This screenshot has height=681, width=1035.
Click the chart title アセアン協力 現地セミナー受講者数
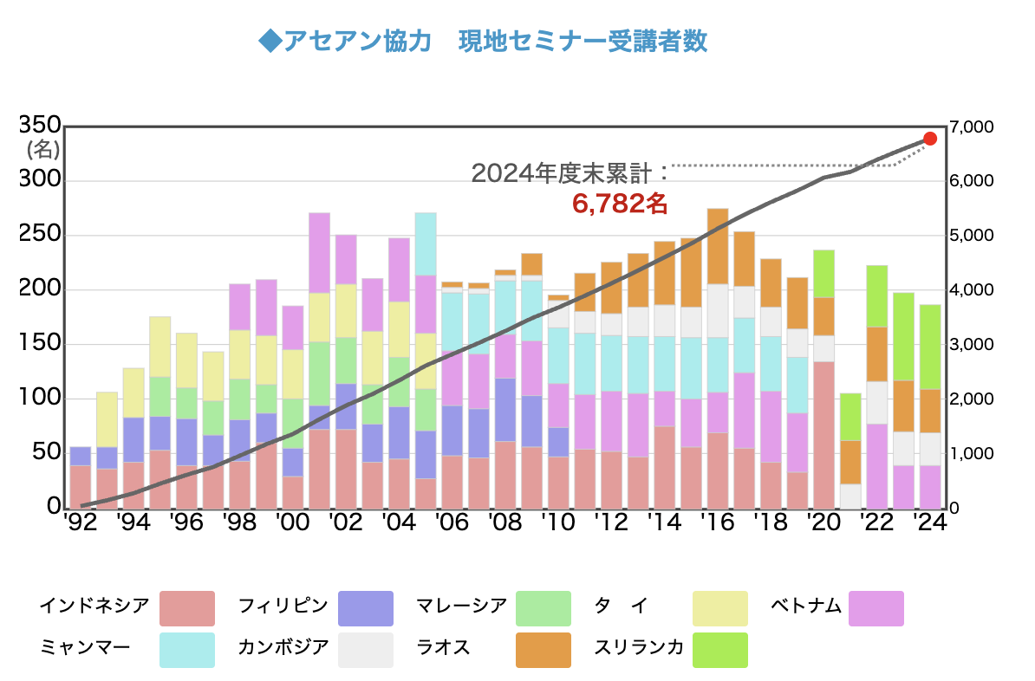coord(483,42)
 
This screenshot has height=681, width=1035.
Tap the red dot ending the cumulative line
coord(929,139)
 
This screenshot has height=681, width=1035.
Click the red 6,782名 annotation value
coord(619,204)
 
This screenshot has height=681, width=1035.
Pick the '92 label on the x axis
coord(79,522)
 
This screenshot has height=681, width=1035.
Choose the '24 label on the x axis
coord(929,522)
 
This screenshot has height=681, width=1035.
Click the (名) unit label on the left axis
coord(42,149)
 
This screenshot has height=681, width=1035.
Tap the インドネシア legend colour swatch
coord(187,608)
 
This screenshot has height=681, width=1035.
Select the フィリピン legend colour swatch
coord(365,608)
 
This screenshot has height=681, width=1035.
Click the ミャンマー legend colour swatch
coord(187,650)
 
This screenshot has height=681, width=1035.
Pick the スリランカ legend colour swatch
coord(720,650)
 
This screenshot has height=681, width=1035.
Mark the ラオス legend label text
coord(443,647)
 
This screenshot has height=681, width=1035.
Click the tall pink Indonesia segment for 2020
coord(823,433)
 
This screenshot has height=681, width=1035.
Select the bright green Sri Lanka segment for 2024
coord(929,347)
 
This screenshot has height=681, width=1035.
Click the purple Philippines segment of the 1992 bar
coord(80,456)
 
